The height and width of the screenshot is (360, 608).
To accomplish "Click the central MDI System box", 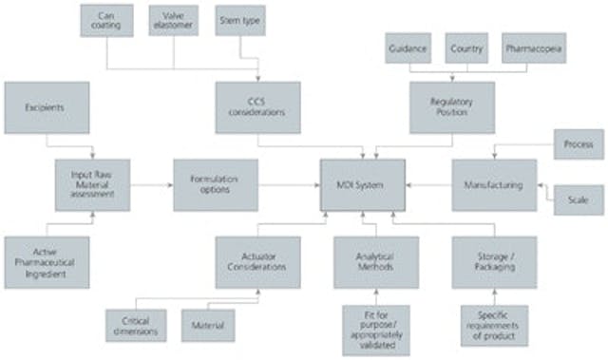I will tap(362, 185).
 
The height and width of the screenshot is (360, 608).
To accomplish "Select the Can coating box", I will tap(106, 21).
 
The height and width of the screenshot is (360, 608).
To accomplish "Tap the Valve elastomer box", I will tap(174, 21).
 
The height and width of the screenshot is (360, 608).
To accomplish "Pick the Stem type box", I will tap(240, 21).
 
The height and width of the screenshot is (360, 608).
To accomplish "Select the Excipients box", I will tap(47, 107).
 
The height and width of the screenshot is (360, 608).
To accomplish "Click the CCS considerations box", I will tap(257, 107).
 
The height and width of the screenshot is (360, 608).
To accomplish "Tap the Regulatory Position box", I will tap(453, 107).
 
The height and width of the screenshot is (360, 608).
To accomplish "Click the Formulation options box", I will tap(215, 185).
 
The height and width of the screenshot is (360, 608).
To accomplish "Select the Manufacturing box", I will tap(494, 185).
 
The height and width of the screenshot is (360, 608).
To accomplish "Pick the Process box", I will tap(579, 145).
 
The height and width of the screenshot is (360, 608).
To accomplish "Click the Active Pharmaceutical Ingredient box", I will tap(47, 262).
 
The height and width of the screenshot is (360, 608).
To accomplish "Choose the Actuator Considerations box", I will tap(257, 262).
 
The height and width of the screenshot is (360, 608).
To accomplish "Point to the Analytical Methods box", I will tap(375, 262).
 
